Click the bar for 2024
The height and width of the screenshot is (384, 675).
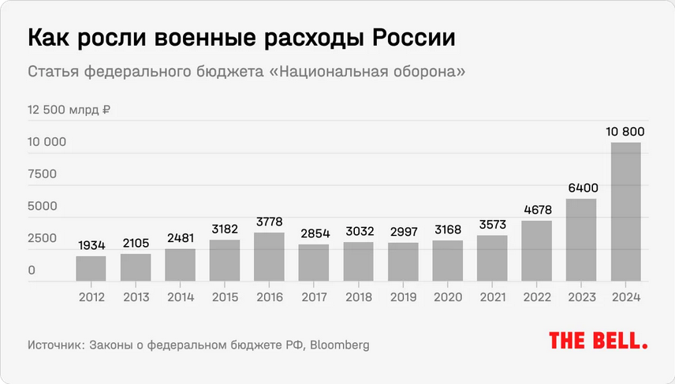[625, 211]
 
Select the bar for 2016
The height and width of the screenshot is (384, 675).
[269, 256]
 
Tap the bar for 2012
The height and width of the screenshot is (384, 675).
[91, 268]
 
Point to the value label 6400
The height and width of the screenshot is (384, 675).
[581, 188]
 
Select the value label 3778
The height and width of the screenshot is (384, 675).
[269, 222]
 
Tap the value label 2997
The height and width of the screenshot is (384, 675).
[403, 233]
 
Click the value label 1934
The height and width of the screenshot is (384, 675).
[91, 245]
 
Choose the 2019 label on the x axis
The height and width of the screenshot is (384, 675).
[403, 296]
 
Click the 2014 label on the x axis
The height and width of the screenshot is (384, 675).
[180, 296]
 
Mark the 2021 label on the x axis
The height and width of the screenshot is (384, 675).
[492, 296]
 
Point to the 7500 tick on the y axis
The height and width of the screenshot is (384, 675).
[43, 174]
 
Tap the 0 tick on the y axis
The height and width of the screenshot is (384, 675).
[32, 270]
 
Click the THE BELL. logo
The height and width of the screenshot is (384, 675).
[598, 341]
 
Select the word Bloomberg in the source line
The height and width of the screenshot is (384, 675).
[338, 345]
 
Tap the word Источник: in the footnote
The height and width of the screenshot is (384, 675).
[58, 345]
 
